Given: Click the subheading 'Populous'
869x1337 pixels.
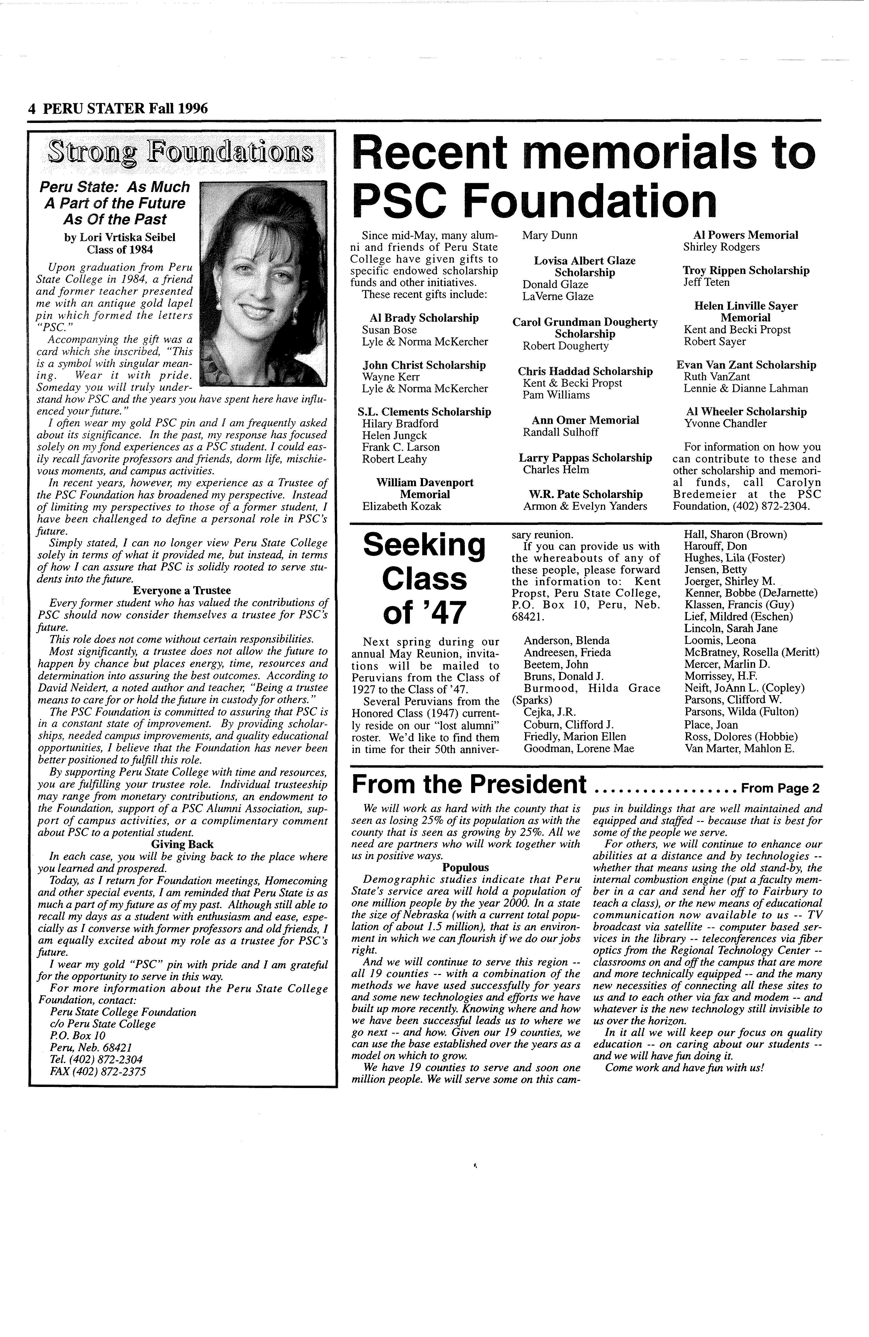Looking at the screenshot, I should click(x=465, y=867).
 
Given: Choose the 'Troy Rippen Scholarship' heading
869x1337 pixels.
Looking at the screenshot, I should click(x=746, y=270).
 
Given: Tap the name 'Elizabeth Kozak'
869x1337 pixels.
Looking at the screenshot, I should click(x=401, y=506).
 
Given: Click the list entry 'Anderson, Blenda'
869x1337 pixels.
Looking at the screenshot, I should click(x=566, y=641).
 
